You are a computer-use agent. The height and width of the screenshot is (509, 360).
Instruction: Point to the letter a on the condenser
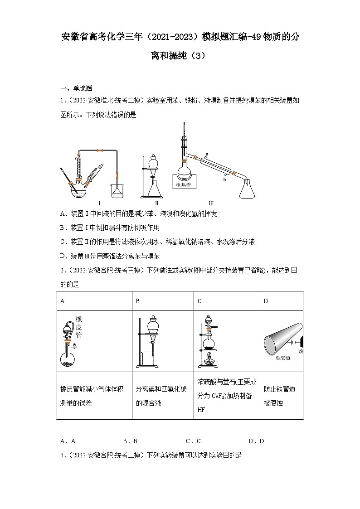pyautogui.click(x=207, y=154)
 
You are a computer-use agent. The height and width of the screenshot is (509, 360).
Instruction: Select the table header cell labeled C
pyautogui.click(x=200, y=301)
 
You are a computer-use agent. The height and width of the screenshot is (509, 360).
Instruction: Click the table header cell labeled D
pyautogui.click(x=266, y=301)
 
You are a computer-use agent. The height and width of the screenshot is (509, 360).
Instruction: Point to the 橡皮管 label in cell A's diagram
pyautogui.click(x=79, y=327)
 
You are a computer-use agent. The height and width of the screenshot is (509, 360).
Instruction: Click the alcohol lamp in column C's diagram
pyautogui.click(x=209, y=361)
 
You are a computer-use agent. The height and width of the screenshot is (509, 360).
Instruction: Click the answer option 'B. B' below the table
pyautogui.click(x=130, y=441)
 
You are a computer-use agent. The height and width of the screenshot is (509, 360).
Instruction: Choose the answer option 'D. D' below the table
pyautogui.click(x=256, y=441)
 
